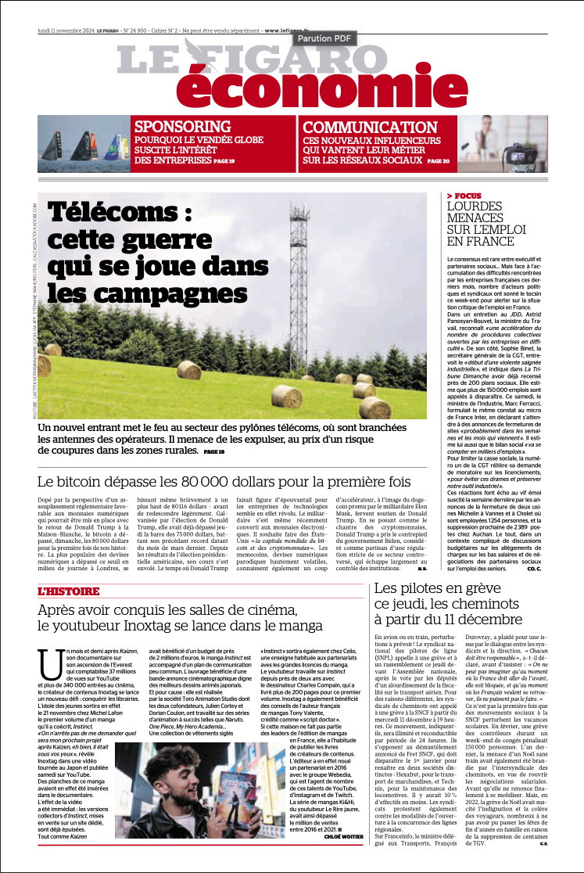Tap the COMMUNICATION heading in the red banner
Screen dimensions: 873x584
[x=370, y=128]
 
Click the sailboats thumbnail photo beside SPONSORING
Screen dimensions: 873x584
[x=84, y=143]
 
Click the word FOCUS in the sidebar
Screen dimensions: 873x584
[x=468, y=196]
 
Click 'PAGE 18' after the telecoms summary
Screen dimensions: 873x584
[x=214, y=452]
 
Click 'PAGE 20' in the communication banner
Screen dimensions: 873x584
[x=439, y=161]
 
